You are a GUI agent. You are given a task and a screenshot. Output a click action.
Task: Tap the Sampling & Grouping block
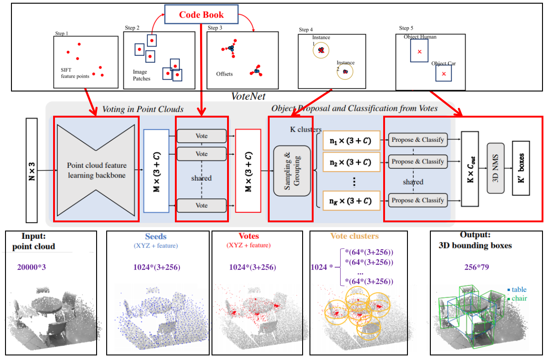click(x=292, y=171)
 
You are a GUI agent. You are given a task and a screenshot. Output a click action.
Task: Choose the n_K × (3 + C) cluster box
click(x=351, y=200)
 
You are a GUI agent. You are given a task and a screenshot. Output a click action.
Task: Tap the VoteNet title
click(x=249, y=97)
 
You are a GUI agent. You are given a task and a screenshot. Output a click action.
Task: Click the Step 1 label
click(x=61, y=33)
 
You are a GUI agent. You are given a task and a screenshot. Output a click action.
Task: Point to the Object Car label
click(x=443, y=64)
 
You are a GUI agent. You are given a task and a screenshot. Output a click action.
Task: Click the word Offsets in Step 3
click(x=224, y=74)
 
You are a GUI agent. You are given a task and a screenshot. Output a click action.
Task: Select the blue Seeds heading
click(x=156, y=236)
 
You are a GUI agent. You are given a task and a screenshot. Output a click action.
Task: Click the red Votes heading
click(x=249, y=236)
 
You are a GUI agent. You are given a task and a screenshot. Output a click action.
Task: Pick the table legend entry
click(x=517, y=290)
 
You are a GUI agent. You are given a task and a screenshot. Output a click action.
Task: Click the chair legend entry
click(x=517, y=298)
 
